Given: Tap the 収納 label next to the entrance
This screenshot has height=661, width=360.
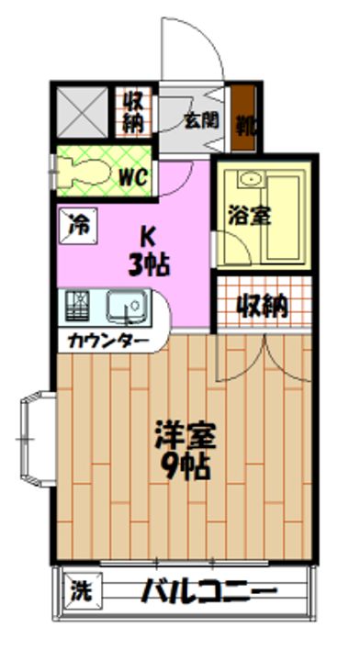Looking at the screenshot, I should [x=133, y=110].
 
